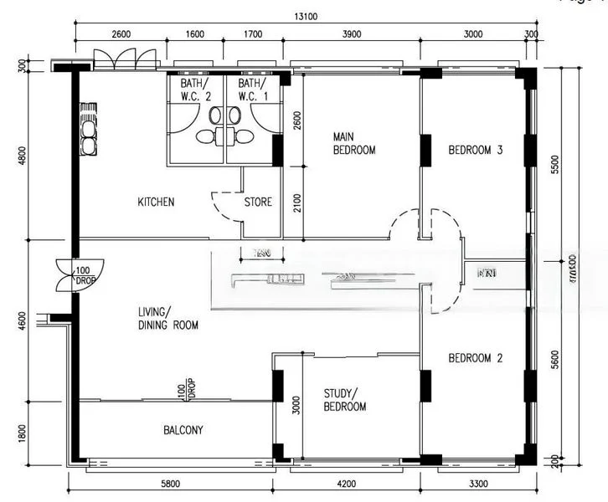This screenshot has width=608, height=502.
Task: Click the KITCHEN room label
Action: click(x=156, y=202)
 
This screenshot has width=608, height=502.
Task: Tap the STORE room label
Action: click(x=258, y=202)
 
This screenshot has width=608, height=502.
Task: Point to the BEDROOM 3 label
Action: click(x=475, y=151)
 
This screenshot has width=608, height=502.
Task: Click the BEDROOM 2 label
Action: click(x=475, y=358)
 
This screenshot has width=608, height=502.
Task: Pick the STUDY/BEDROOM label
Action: click(x=345, y=400)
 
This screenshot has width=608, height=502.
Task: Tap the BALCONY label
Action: click(x=183, y=430)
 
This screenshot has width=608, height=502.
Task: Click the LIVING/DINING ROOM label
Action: click(x=168, y=319)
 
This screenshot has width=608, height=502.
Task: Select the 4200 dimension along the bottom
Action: click(x=346, y=483)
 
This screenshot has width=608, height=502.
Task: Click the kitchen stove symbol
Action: click(x=86, y=130)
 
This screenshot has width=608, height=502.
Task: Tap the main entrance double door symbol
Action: click(x=125, y=60)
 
